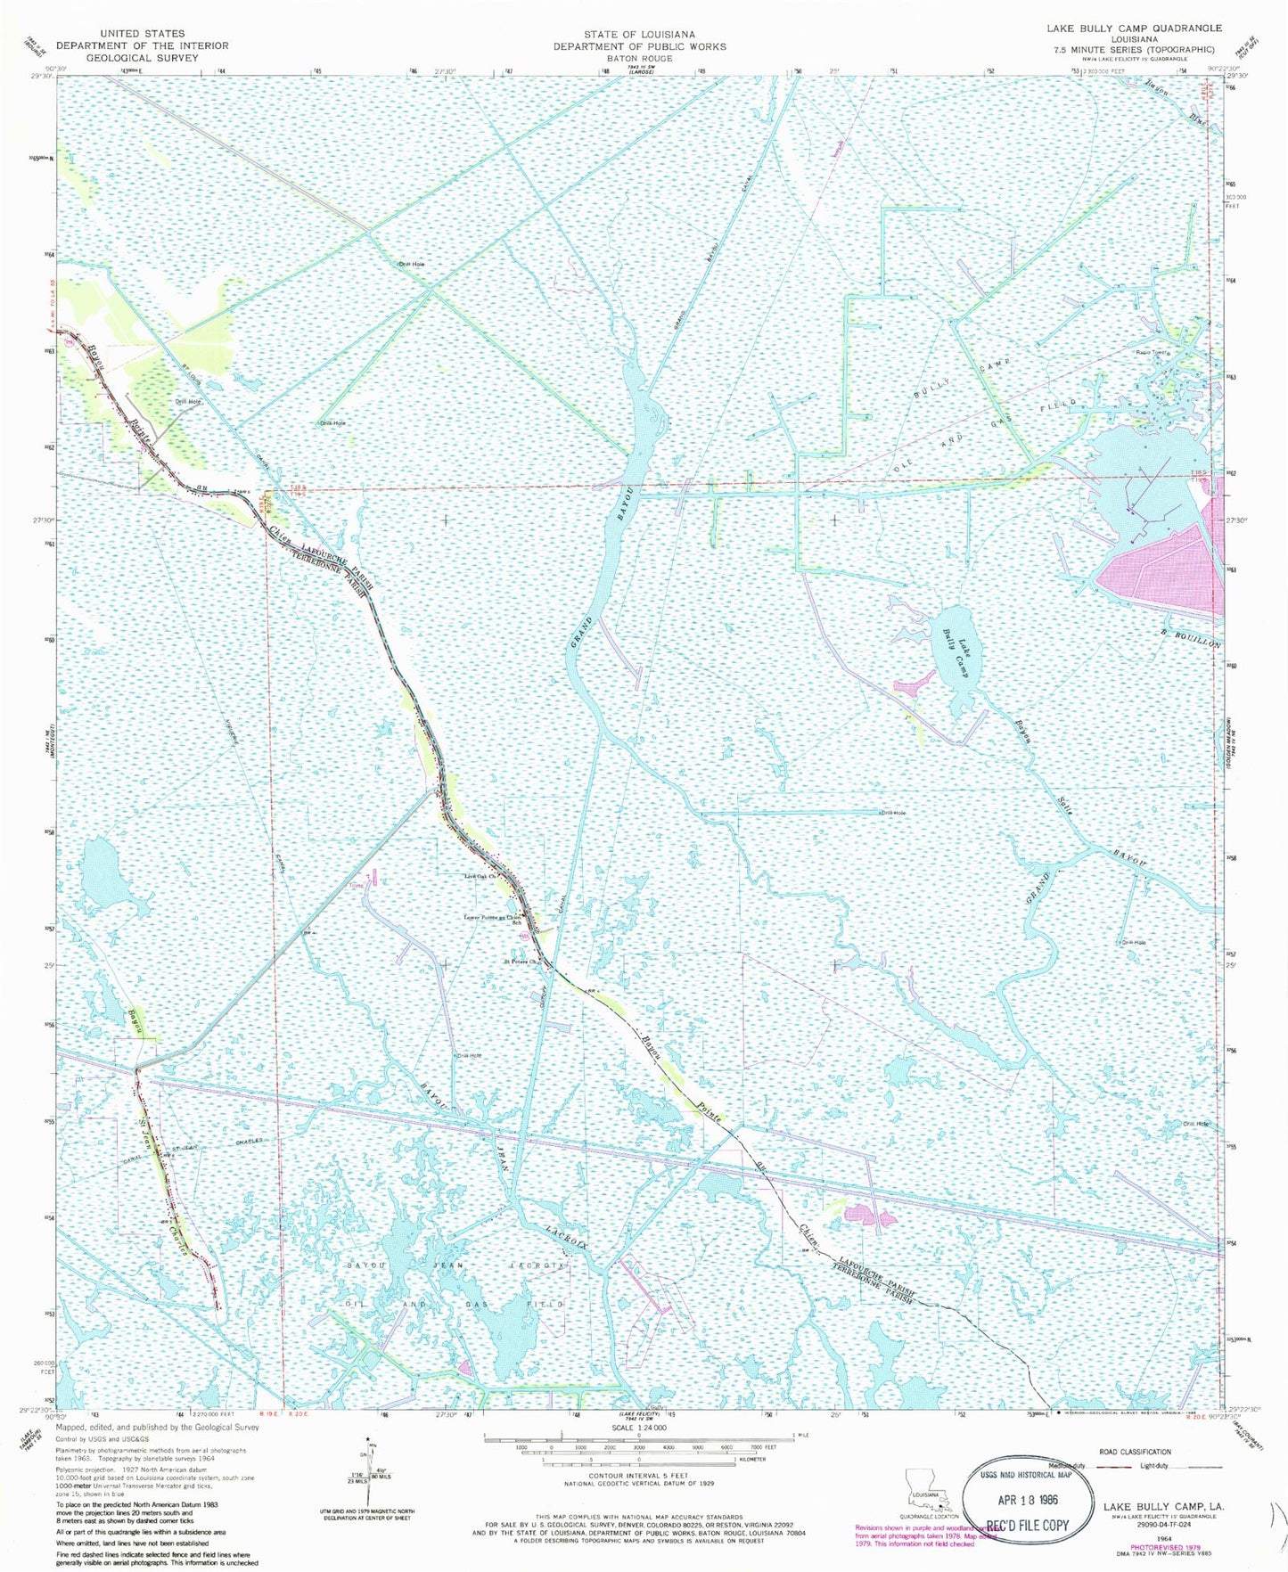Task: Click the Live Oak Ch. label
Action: [480, 877]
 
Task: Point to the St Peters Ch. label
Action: [521, 962]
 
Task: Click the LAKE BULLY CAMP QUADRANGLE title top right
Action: [1134, 29]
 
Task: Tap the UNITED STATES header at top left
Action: [143, 33]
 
